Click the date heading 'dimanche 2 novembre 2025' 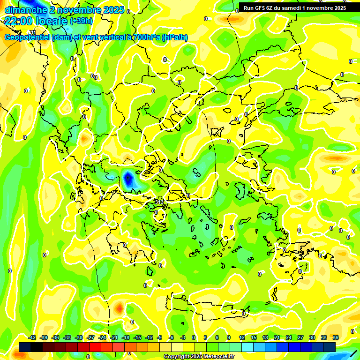tap(64, 10)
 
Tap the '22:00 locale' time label tap(36, 21)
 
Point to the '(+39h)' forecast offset tap(81, 21)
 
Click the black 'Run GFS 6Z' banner tap(295, 7)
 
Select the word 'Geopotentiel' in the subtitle tap(27, 37)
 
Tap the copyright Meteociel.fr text tap(199, 357)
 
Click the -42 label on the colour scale tap(32, 338)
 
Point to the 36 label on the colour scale tap(335, 338)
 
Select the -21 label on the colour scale tap(113, 338)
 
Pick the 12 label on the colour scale tap(241, 338)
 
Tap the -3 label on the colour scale tap(183, 338)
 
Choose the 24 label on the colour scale tap(288, 338)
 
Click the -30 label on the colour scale tap(78, 338)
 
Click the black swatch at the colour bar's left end tap(25, 347)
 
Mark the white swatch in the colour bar tap(177, 347)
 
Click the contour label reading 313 tap(159, 202)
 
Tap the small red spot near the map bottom tap(120, 308)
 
